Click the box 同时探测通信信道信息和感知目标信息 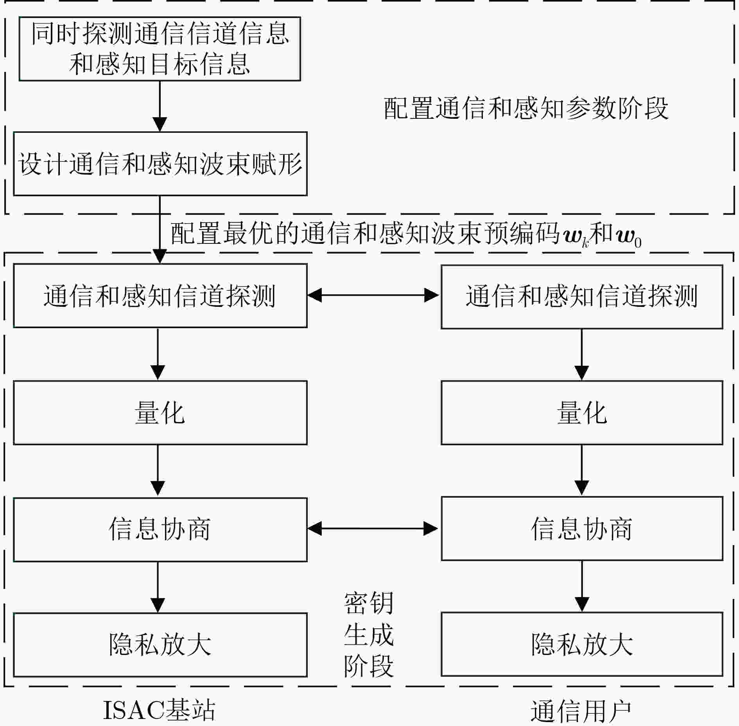[x=160, y=49]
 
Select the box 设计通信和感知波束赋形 [x=160, y=164]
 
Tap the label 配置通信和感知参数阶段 [x=526, y=108]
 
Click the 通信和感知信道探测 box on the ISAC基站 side [x=160, y=295]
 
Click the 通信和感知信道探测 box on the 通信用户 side [x=582, y=297]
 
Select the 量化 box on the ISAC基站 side [x=160, y=413]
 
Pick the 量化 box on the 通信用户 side [x=582, y=413]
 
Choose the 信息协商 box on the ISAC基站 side [x=160, y=529]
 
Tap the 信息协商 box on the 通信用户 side [x=582, y=528]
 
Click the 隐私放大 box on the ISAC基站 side [x=160, y=645]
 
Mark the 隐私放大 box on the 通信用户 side [x=582, y=644]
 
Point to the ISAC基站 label [x=159, y=710]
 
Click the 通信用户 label [x=581, y=711]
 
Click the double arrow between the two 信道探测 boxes [x=374, y=295]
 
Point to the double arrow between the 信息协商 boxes [x=374, y=529]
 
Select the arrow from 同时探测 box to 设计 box [x=160, y=106]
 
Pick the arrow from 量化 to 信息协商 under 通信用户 [x=582, y=470]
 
